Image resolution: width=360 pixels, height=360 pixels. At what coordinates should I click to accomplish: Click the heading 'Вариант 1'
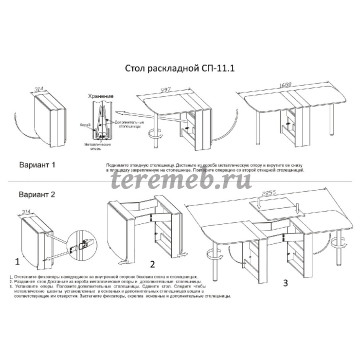click(x=41, y=158)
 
